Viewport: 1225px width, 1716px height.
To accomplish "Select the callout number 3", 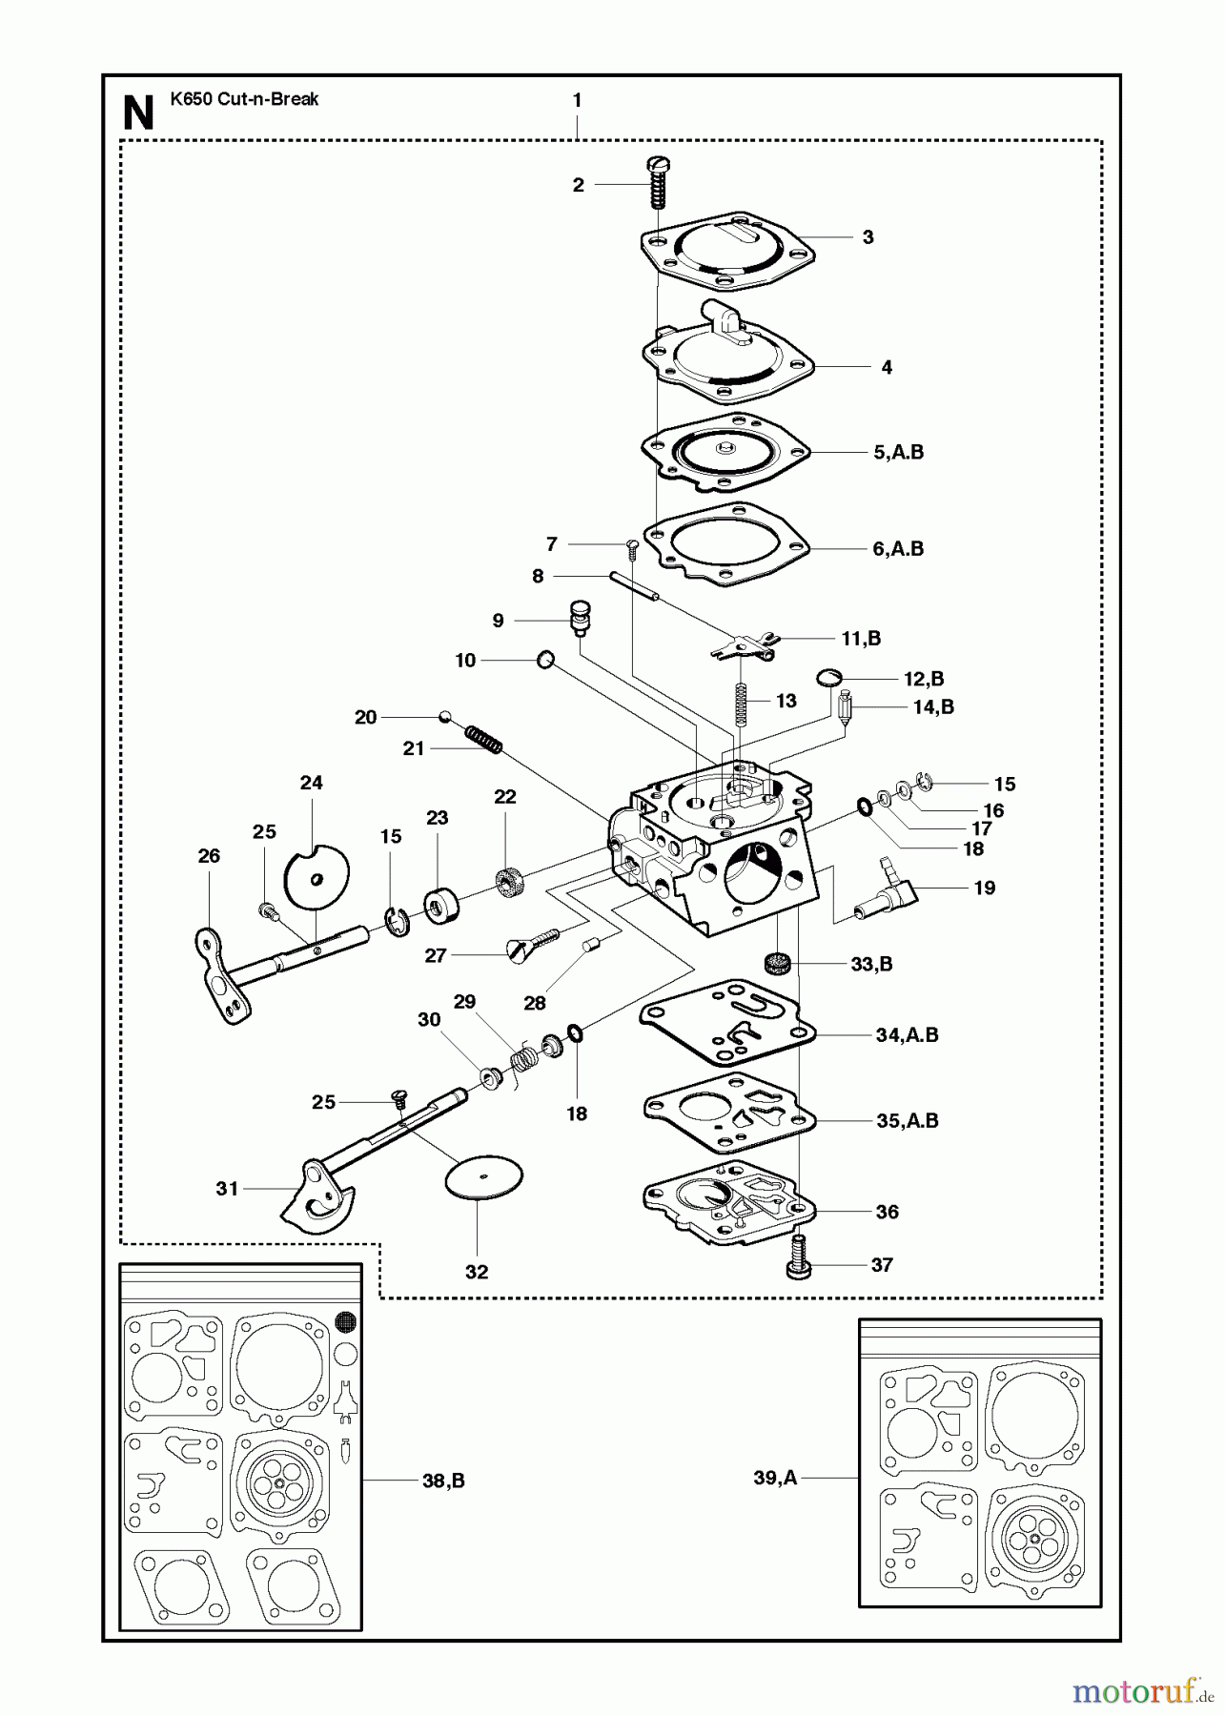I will [x=868, y=237].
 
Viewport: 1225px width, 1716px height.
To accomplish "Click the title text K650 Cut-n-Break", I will [x=244, y=99].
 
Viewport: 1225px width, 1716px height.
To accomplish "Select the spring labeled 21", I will [x=483, y=739].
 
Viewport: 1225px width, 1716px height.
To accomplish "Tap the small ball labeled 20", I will [x=444, y=717].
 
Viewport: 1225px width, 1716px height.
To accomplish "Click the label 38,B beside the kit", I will [x=443, y=1481].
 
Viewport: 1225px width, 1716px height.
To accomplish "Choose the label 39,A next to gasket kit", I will [x=774, y=1478].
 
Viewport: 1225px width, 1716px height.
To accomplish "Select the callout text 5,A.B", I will [x=898, y=452].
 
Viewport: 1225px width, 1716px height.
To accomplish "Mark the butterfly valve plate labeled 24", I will [x=317, y=878].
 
